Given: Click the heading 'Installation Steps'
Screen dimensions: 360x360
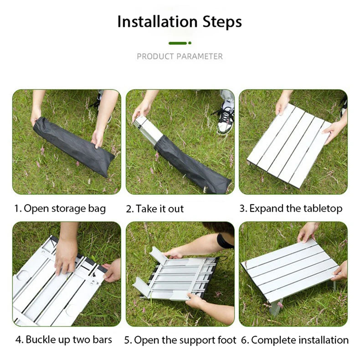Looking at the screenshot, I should [x=180, y=22].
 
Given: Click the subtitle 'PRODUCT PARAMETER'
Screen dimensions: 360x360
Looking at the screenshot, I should [x=180, y=57].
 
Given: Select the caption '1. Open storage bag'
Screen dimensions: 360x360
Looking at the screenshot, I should [x=60, y=209].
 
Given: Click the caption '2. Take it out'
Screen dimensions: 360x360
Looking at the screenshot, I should [x=154, y=209].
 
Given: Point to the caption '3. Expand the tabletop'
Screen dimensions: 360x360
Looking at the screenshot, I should [x=291, y=209].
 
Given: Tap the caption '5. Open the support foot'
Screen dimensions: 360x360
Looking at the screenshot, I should [x=180, y=340].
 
